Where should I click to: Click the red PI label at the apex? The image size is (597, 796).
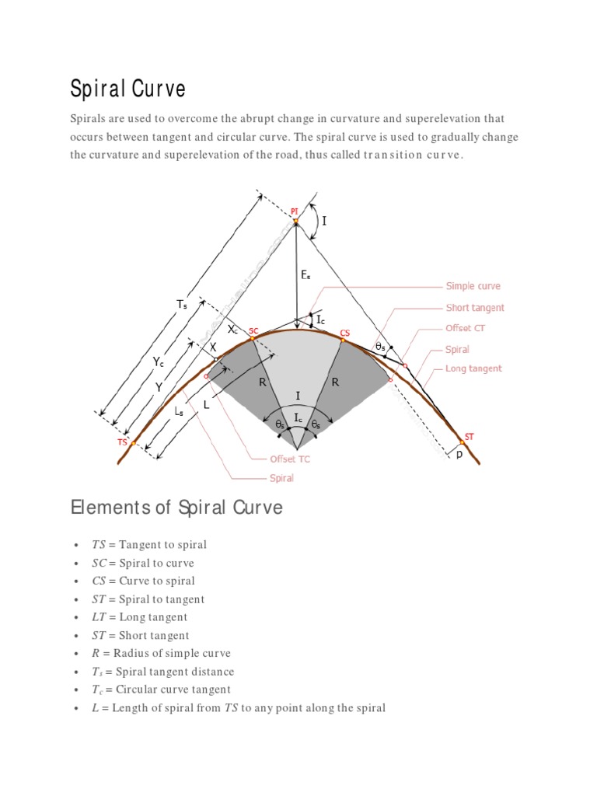tap(294, 211)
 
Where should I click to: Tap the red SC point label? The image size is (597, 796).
tap(253, 331)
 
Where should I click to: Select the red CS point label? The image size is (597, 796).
tap(345, 333)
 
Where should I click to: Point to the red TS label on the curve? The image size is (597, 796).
tap(122, 442)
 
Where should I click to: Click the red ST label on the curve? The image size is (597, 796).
tap(469, 436)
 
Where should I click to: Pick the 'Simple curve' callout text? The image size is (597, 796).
tap(473, 287)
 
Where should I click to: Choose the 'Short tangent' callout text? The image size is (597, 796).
tap(475, 308)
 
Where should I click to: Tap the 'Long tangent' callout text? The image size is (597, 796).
tap(473, 369)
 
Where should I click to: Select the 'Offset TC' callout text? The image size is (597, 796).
tap(289, 459)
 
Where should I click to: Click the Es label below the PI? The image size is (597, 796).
tap(305, 275)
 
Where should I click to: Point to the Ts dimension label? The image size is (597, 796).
tap(181, 305)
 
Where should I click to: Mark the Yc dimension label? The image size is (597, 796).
tap(158, 361)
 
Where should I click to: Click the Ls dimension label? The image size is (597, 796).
tap(179, 413)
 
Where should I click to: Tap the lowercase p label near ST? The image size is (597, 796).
tap(459, 454)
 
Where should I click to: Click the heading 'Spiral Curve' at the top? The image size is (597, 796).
tap(128, 89)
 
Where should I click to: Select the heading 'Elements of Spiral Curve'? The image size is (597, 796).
tap(176, 508)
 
